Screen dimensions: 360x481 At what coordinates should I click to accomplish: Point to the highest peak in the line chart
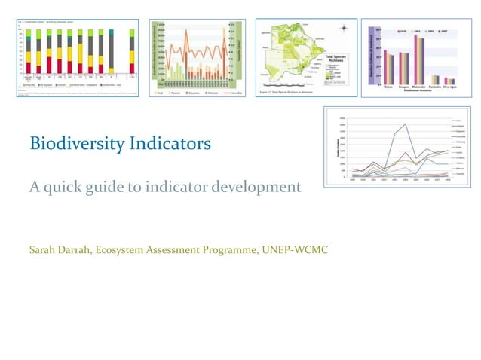[x=406, y=124]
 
